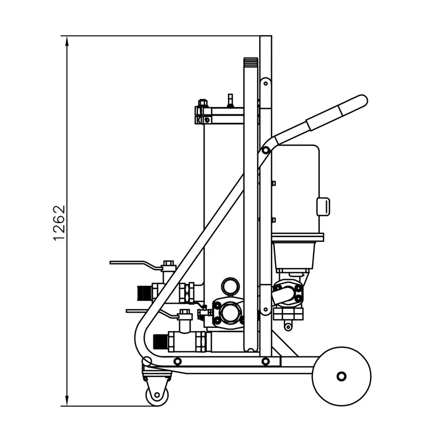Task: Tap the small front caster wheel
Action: tap(157, 395)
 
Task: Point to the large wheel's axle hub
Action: tap(341, 376)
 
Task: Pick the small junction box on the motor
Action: tap(323, 206)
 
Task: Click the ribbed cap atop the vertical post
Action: tap(251, 63)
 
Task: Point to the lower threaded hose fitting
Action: tap(160, 341)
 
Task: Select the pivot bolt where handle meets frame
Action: tap(266, 150)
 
